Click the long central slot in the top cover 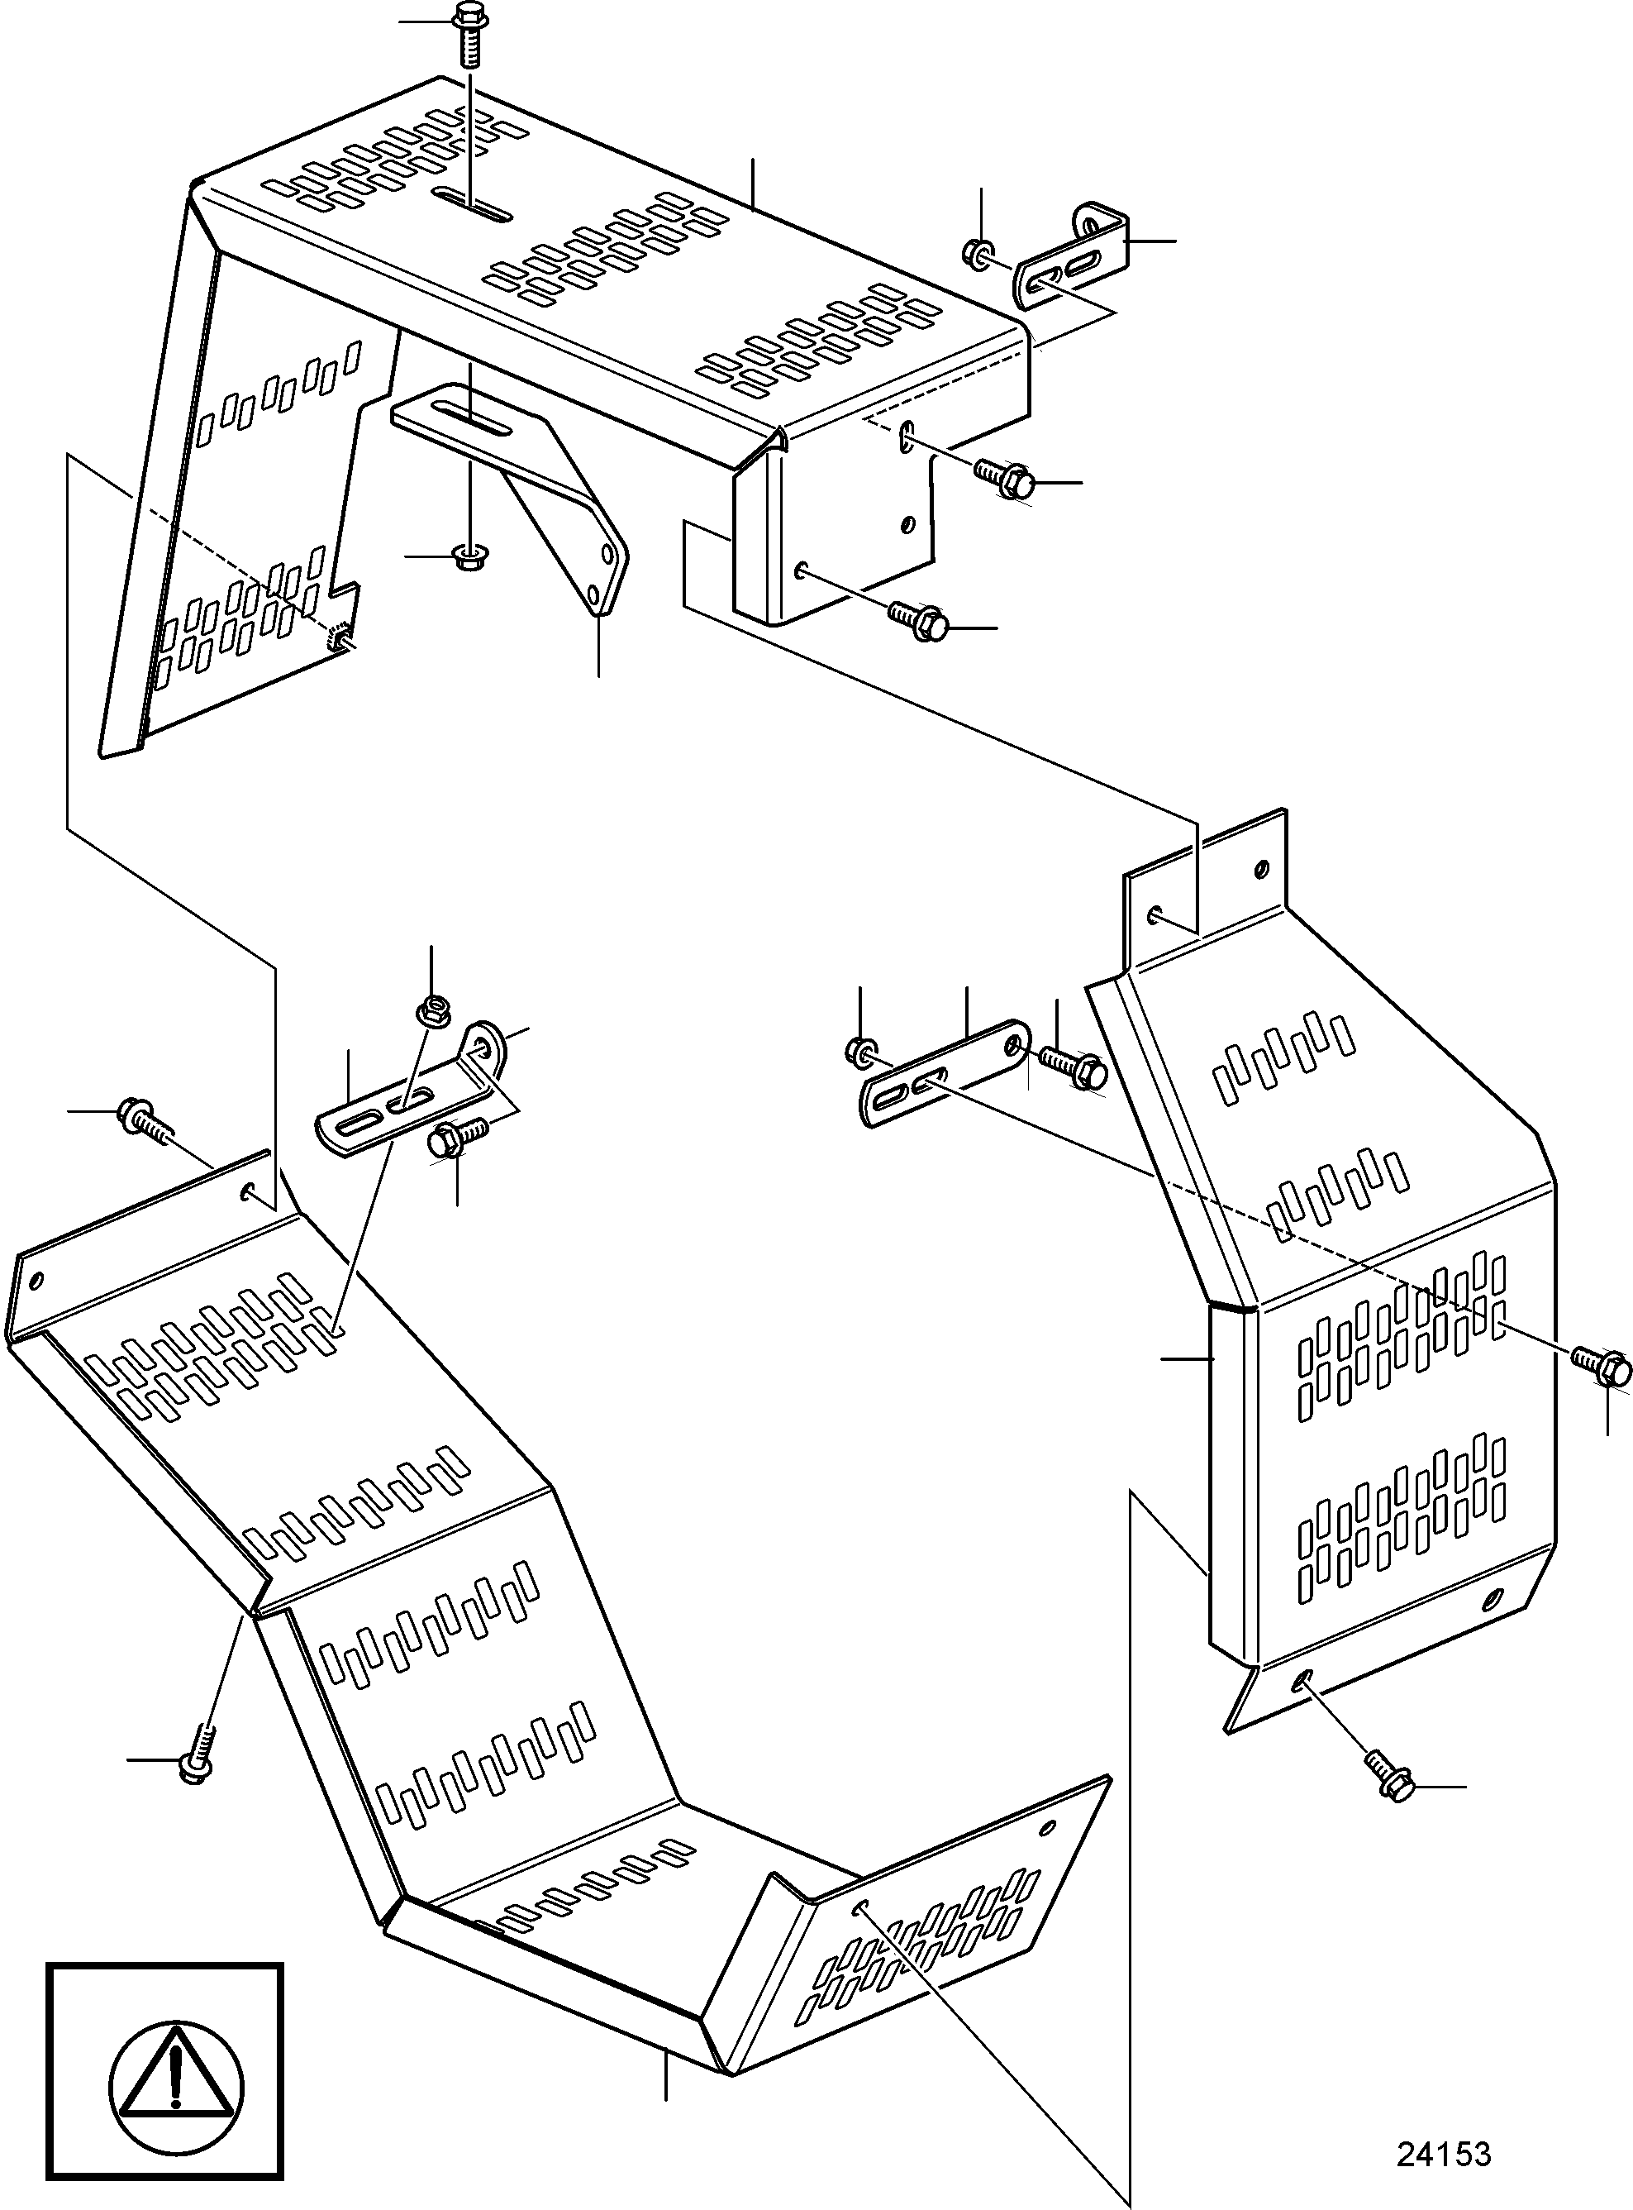[x=474, y=206]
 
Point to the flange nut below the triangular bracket [x=464, y=556]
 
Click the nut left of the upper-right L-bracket [x=977, y=252]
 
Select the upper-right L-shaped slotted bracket [x=1072, y=257]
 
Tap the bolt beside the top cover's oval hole [x=1004, y=479]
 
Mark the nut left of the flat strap [x=860, y=1051]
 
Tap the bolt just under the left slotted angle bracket [x=458, y=1136]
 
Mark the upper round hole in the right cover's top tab [x=1260, y=870]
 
